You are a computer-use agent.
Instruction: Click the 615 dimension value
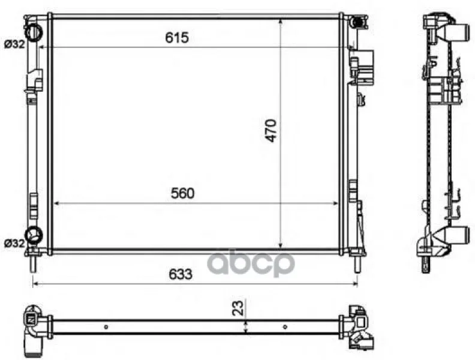177,38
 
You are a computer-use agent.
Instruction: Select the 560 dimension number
183,193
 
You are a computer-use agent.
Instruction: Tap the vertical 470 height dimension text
271,131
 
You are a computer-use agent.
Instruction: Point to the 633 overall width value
181,274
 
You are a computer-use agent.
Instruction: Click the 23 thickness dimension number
238,308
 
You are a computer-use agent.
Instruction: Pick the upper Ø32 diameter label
14,44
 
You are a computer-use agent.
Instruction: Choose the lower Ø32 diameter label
14,243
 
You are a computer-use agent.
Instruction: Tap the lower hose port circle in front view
34,235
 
